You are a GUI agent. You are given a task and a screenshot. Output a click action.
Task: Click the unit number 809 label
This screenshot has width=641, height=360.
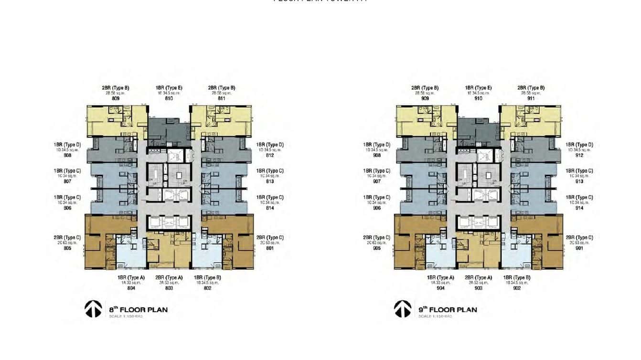click(116, 99)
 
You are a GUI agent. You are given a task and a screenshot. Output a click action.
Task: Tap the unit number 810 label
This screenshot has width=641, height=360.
click(169, 99)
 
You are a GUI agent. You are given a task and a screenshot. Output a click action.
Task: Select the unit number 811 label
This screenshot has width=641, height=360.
click(222, 99)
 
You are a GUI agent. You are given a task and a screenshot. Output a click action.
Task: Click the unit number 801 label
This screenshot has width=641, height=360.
click(270, 248)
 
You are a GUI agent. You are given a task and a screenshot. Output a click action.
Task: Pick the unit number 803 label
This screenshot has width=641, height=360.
click(169, 288)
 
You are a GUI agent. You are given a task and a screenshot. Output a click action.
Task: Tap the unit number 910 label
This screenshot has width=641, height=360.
click(478, 99)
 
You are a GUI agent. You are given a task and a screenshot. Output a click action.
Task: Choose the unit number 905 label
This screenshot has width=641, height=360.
click(377, 248)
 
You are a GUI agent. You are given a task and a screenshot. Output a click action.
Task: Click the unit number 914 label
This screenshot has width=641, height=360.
click(579, 208)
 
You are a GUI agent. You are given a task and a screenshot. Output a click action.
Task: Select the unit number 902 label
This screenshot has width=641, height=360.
click(517, 288)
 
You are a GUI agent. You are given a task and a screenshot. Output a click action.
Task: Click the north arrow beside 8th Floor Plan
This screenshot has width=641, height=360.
click(93, 309)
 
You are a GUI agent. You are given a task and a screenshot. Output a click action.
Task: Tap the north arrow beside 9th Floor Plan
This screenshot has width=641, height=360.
click(403, 309)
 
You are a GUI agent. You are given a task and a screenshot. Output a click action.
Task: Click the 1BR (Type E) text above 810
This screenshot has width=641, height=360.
click(169, 88)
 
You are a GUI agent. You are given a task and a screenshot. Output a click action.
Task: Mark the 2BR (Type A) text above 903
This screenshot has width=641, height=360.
click(478, 277)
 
